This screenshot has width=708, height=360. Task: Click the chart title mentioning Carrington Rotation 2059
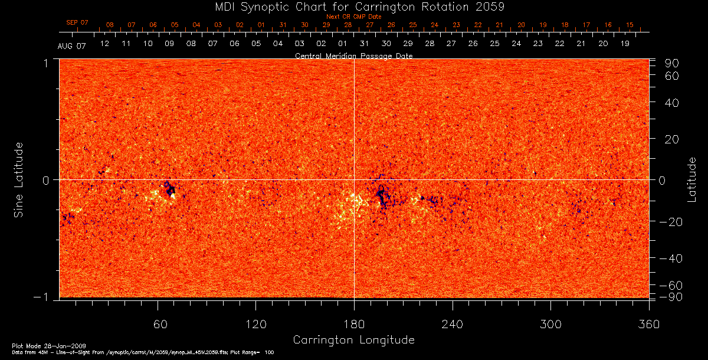coord(353,6)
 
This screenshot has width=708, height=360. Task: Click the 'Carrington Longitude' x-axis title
coord(353,340)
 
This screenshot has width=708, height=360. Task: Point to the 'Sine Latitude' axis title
coord(19,179)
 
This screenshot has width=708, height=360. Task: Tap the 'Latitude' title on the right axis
coord(692,179)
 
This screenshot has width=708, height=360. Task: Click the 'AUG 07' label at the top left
coord(72,46)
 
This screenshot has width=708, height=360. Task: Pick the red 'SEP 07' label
coord(77,22)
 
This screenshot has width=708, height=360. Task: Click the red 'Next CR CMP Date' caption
coord(353,17)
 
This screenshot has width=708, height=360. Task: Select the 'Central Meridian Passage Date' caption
coord(353,55)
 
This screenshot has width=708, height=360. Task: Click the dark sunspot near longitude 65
coord(170,189)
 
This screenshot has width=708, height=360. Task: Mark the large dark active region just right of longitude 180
coord(382,195)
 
